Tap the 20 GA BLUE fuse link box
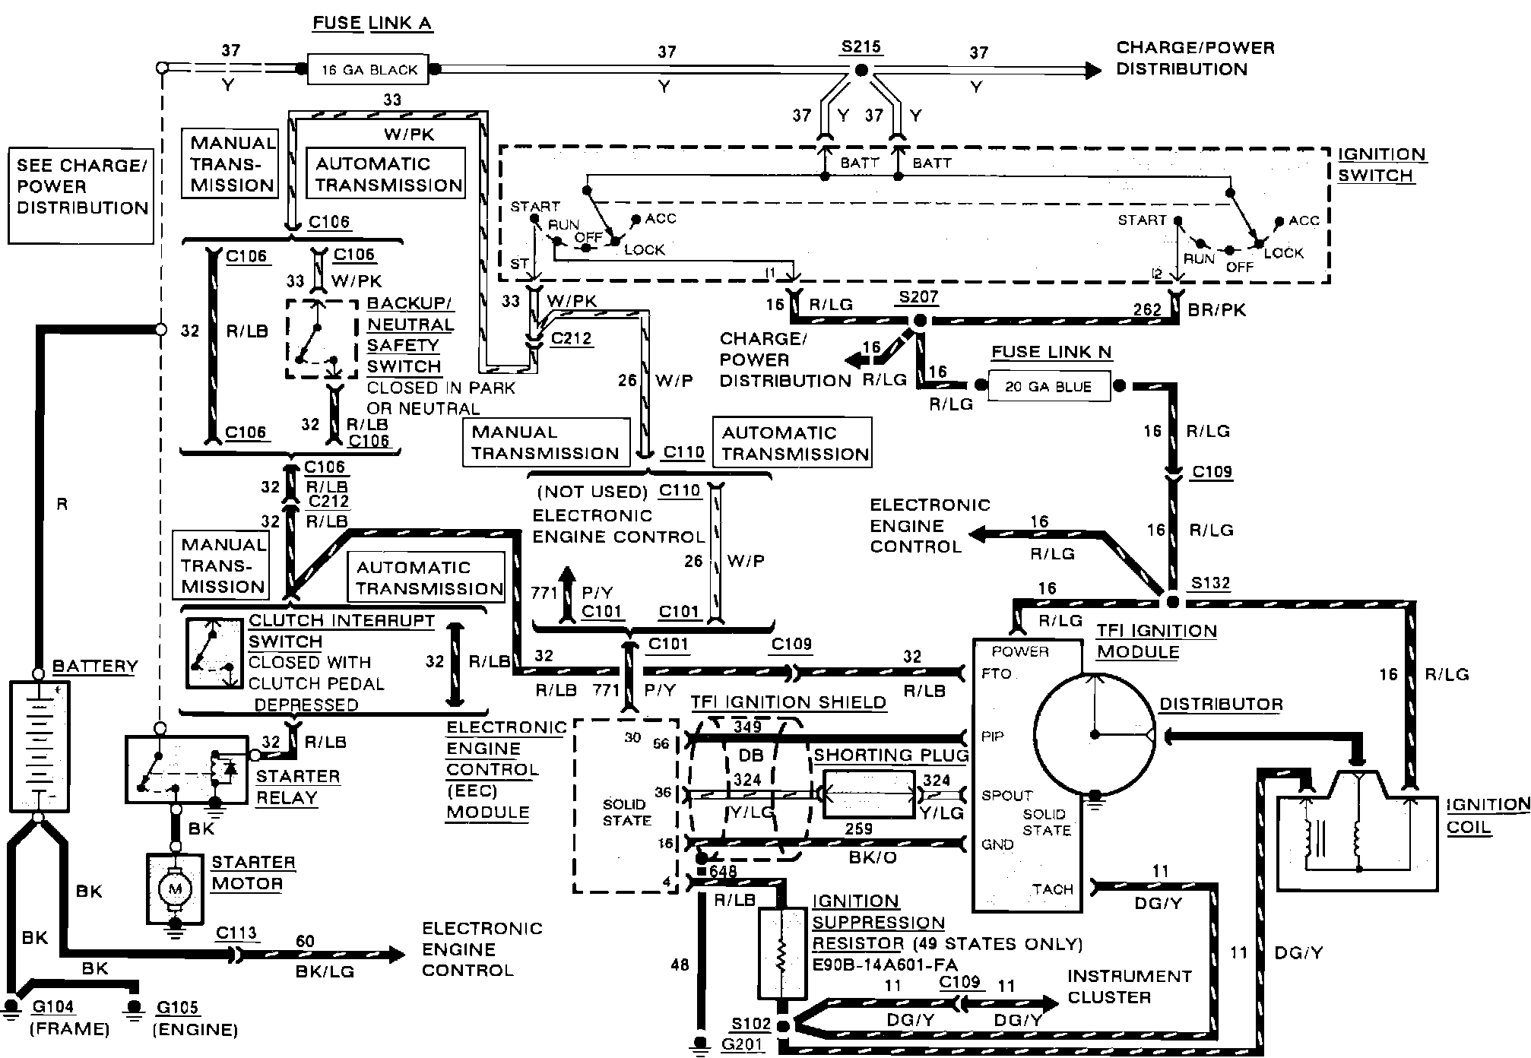1048,386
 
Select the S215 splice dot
861,70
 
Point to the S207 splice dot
920,321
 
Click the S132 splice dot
1173,602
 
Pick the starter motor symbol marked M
176,889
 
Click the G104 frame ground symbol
11,1008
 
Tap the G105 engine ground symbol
135,1008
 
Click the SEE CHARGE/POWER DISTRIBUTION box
81,196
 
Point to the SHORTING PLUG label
891,755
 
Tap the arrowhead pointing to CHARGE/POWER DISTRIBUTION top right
1093,70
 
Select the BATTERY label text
95,666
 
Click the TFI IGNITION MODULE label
1155,641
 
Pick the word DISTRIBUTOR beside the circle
1221,704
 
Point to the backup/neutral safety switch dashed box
321,338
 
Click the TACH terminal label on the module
1052,889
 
